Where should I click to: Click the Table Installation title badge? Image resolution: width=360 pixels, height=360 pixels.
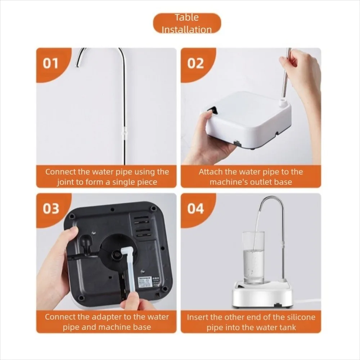(x=187, y=23)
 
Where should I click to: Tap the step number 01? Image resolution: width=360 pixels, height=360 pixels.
(x=51, y=63)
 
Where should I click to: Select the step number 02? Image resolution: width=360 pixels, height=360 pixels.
(x=195, y=63)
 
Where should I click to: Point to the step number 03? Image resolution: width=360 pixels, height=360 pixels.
(x=51, y=209)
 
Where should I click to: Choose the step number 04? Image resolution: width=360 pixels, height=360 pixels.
(x=195, y=209)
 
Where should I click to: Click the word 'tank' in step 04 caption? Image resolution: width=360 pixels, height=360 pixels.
(x=287, y=328)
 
